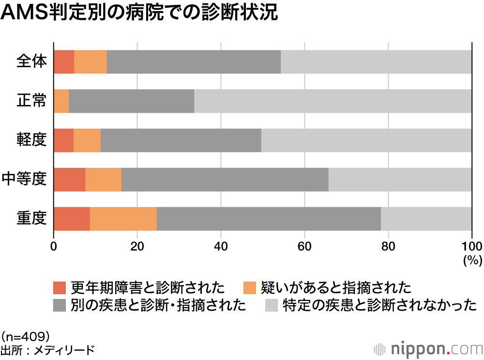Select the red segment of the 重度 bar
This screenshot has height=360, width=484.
pyautogui.click(x=72, y=219)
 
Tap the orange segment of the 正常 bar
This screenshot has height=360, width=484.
pyautogui.click(x=61, y=101)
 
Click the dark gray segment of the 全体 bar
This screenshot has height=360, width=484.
pyautogui.click(x=194, y=62)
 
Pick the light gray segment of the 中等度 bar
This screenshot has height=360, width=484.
pyautogui.click(x=400, y=180)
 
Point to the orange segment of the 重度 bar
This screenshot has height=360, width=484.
pyautogui.click(x=123, y=219)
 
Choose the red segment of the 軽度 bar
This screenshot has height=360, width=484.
pyautogui.click(x=63, y=140)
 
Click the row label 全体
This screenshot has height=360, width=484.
pyautogui.click(x=31, y=62)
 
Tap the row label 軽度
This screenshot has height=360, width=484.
pyautogui.click(x=31, y=140)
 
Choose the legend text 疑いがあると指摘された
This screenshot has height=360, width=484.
pyautogui.click(x=335, y=288)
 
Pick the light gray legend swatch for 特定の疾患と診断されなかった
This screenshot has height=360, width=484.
pyautogui.click(x=272, y=305)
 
